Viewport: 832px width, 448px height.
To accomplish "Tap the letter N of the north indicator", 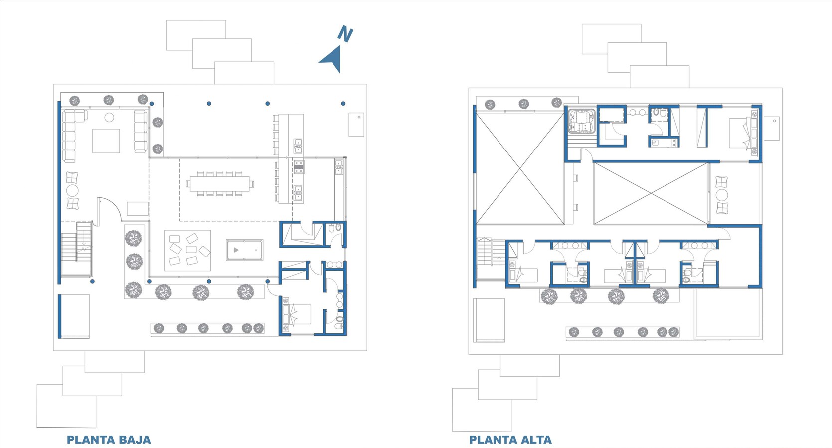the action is [x=345, y=34].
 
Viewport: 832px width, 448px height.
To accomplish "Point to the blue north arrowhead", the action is [x=332, y=59].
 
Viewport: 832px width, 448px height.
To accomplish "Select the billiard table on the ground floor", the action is [x=245, y=250].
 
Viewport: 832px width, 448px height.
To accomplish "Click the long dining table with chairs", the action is [x=220, y=184].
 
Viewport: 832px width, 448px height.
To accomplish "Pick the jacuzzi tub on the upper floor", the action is [x=582, y=121].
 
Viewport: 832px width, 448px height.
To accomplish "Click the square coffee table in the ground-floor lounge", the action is [x=106, y=141].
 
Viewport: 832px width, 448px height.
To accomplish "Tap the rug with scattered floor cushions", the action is [x=187, y=251].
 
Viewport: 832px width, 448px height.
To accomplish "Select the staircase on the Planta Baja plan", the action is [x=76, y=249].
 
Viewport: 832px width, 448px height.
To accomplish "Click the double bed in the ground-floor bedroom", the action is [x=297, y=315].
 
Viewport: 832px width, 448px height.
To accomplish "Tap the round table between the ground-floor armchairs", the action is [x=72, y=191].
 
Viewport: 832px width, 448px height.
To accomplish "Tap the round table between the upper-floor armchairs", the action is [x=722, y=195].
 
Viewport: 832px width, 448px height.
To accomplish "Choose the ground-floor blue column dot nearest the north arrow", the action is [x=343, y=104].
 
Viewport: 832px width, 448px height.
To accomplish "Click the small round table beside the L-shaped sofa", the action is [x=109, y=117].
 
